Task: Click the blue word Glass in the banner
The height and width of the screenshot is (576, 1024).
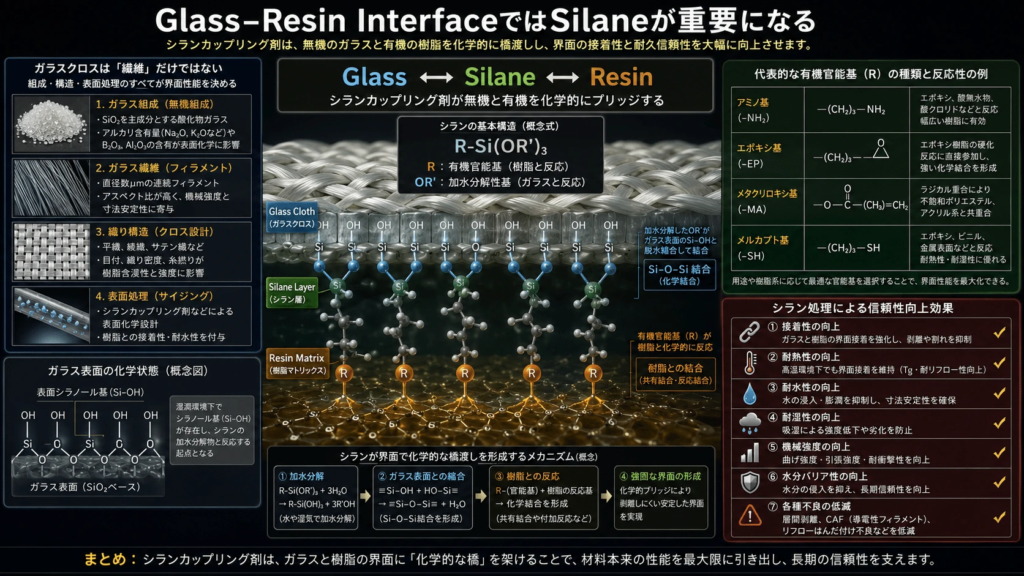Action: coord(374,77)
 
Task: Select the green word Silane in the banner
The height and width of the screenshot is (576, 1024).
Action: coord(500,77)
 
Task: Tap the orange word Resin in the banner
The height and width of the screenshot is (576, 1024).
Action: coord(621,77)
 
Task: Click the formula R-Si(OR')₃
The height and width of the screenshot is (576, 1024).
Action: coord(500,147)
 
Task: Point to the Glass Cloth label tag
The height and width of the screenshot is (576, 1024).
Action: coord(292,217)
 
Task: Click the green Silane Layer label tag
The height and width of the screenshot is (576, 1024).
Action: coord(292,293)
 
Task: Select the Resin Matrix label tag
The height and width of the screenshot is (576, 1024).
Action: coord(296,364)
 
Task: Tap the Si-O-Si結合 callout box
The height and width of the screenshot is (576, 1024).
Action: coord(679,274)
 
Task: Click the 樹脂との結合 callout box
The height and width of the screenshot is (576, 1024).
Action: coord(675,373)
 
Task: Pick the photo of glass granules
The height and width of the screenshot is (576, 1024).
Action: coord(51,123)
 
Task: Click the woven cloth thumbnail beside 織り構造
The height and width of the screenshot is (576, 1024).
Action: coord(51,251)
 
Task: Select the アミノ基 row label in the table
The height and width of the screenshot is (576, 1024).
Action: coord(753,110)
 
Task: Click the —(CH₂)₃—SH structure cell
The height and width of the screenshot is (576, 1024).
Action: coord(848,248)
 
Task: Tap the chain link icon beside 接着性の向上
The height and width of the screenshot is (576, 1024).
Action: coord(750,332)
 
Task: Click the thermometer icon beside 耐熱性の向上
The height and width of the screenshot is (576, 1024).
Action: coord(750,363)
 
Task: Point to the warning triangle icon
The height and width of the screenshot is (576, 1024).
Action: coord(750,515)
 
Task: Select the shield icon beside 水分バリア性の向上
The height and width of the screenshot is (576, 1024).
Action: coord(750,482)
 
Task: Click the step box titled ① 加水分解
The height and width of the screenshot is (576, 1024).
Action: coord(316,497)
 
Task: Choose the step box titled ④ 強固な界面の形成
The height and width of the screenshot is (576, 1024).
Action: coord(661,497)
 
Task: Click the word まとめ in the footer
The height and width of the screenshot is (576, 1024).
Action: coord(105,559)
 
